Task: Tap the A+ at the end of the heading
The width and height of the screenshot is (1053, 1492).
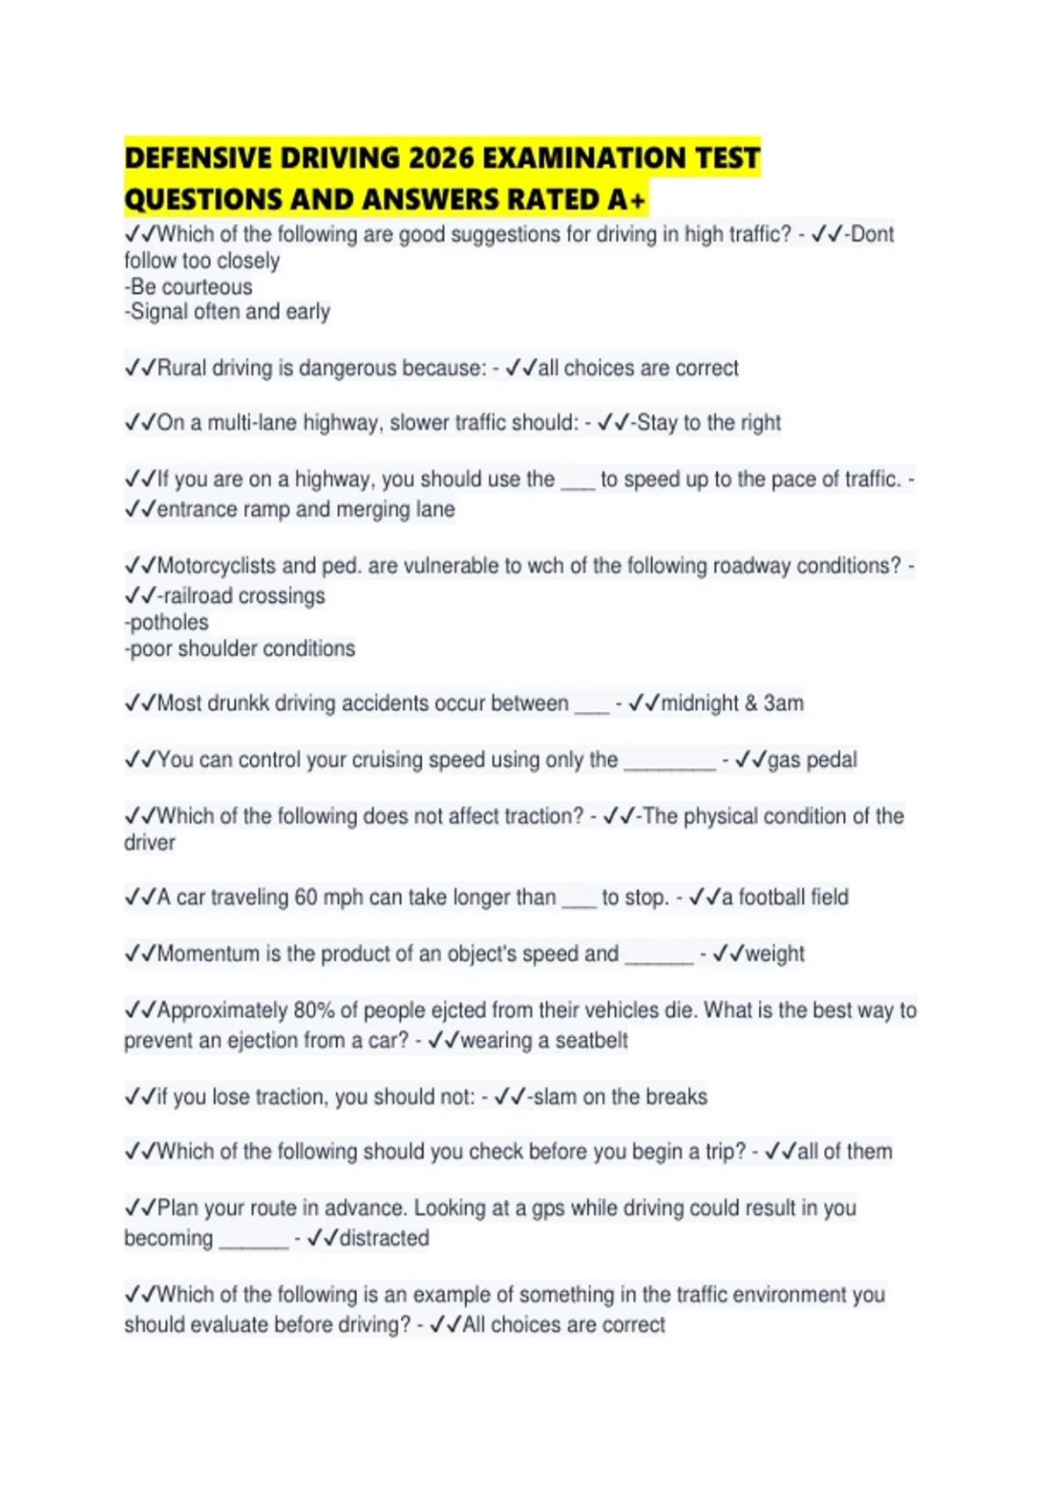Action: tap(627, 201)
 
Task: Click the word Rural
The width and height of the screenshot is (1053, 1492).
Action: tap(182, 368)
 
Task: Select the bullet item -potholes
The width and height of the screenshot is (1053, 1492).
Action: tap(167, 622)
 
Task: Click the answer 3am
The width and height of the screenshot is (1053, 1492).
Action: tap(783, 704)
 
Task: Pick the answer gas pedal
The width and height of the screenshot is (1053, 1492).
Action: tap(813, 760)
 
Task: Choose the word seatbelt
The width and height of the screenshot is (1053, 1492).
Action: tap(591, 1041)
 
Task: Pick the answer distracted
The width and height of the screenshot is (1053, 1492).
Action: tap(384, 1238)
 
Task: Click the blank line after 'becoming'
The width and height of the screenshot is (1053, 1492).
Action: tap(254, 1241)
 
